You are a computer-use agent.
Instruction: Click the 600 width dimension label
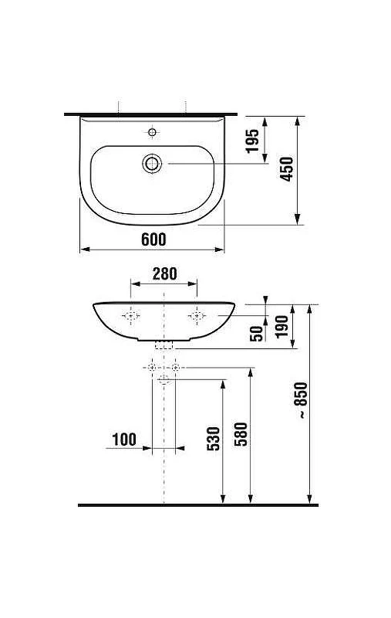pyautogui.click(x=153, y=239)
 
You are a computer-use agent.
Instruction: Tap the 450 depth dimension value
pyautogui.click(x=287, y=169)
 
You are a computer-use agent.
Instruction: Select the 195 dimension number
pyautogui.click(x=252, y=141)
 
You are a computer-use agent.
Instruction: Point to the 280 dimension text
pyautogui.click(x=164, y=274)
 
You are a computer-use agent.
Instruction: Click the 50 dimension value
pyautogui.click(x=257, y=334)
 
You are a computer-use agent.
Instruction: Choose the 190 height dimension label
pyautogui.click(x=281, y=327)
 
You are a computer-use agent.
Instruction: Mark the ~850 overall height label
pyautogui.click(x=302, y=399)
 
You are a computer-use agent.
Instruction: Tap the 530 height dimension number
pyautogui.click(x=214, y=438)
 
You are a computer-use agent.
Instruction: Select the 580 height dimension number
pyautogui.click(x=241, y=434)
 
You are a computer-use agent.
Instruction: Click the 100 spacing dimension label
pyautogui.click(x=124, y=440)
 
